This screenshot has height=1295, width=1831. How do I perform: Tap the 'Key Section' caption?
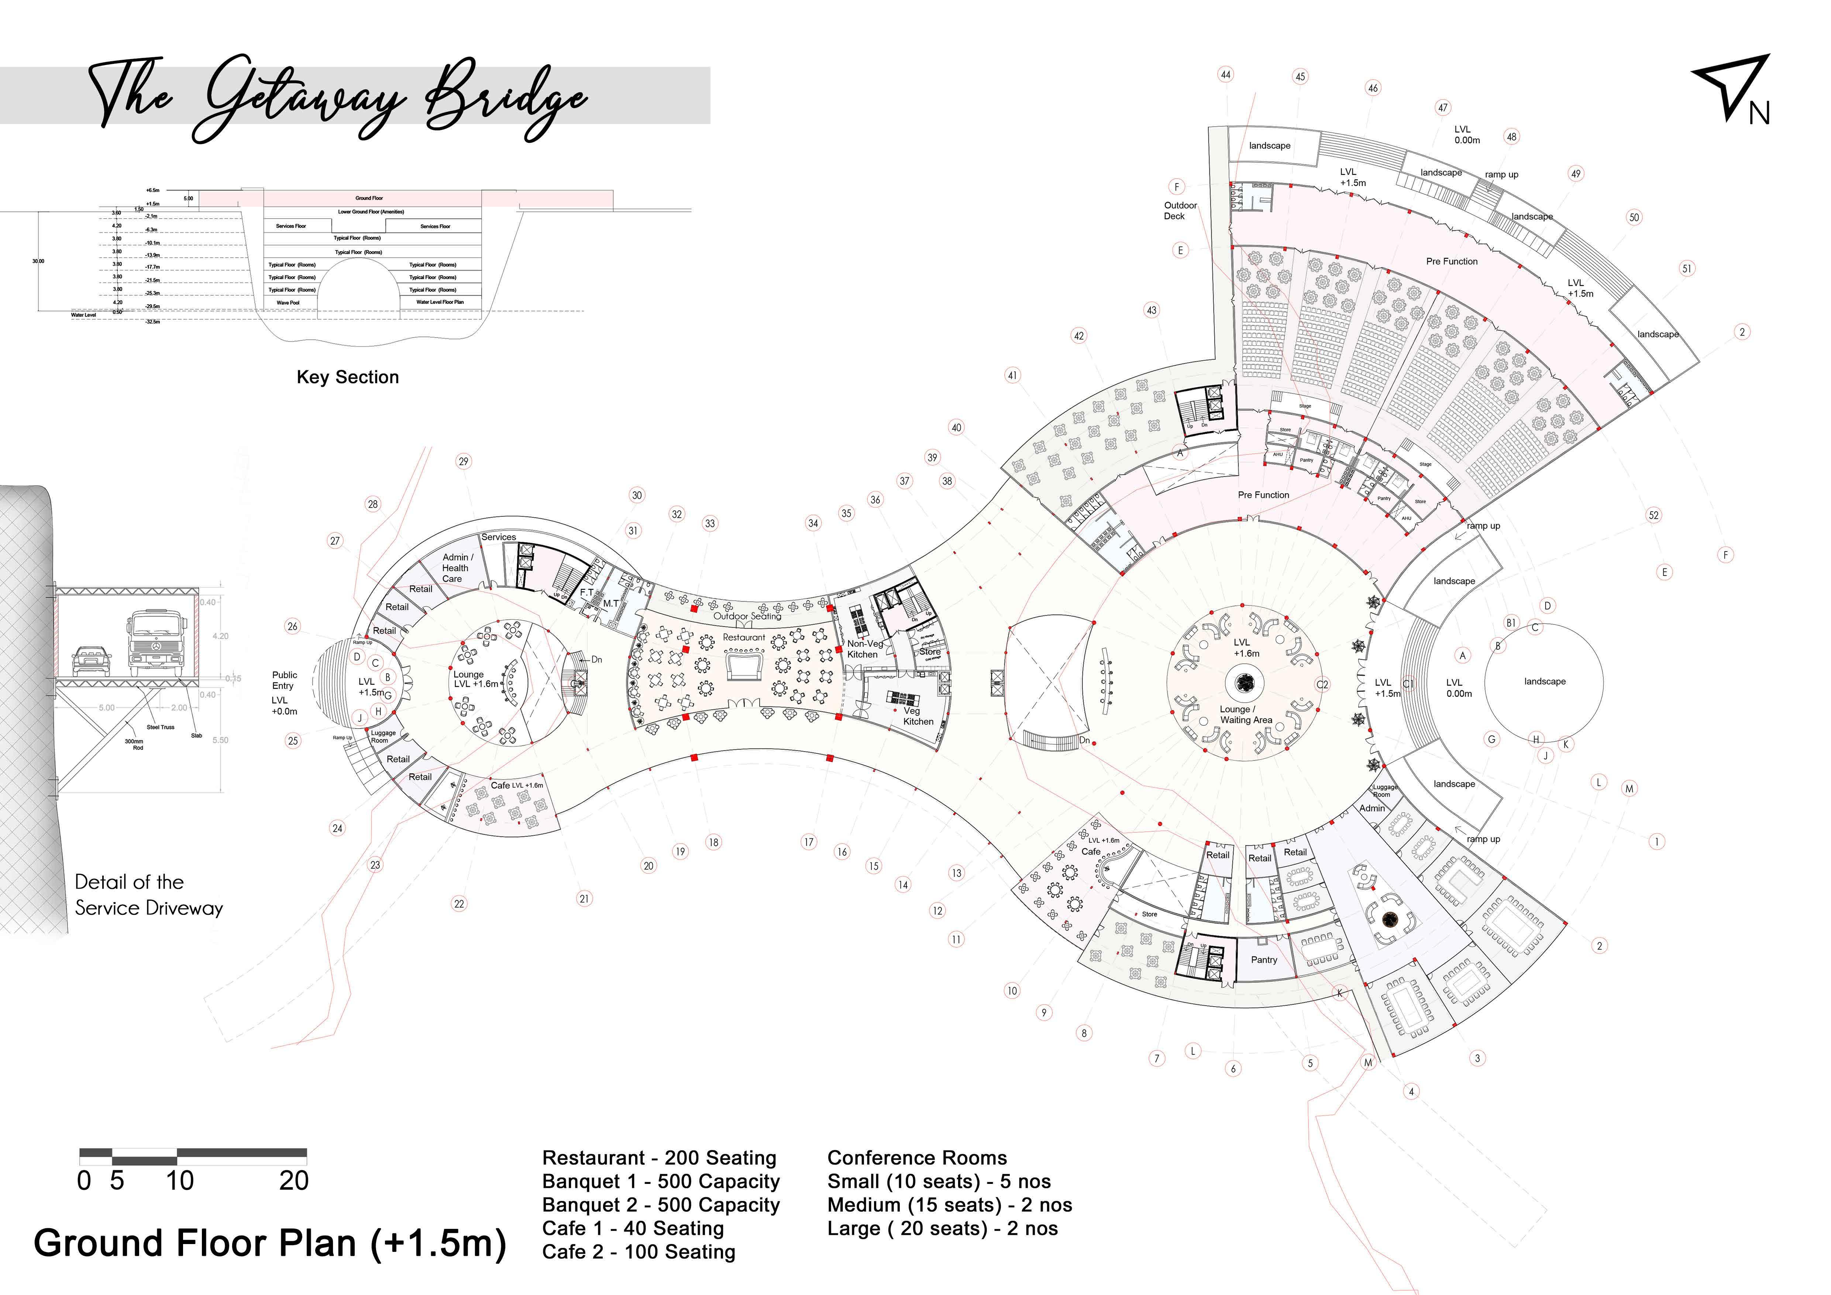pyautogui.click(x=348, y=377)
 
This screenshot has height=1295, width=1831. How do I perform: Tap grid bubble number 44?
pyautogui.click(x=1226, y=75)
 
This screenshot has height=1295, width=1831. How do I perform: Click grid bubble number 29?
pyautogui.click(x=463, y=462)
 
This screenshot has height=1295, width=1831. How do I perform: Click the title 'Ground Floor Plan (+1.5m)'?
pyautogui.click(x=269, y=1243)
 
